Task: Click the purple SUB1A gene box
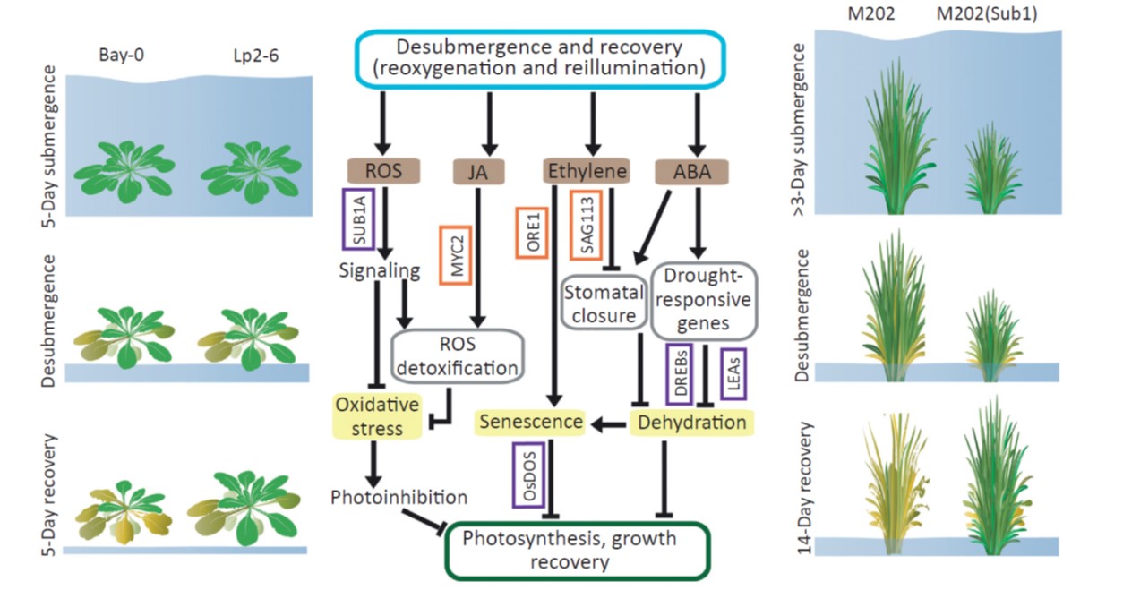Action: click(356, 219)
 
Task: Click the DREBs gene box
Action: click(680, 374)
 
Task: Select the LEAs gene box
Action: click(733, 373)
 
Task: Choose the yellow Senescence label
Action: click(531, 422)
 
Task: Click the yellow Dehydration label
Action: click(689, 422)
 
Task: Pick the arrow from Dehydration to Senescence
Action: click(609, 423)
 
